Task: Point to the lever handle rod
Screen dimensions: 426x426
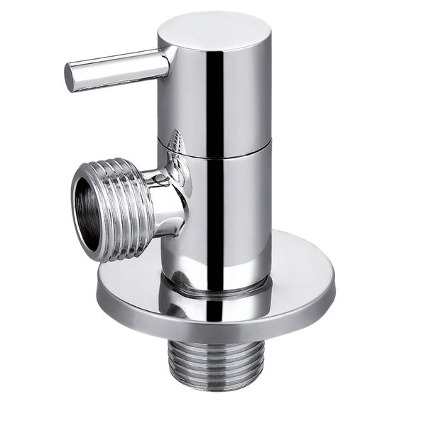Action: pos(114,71)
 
